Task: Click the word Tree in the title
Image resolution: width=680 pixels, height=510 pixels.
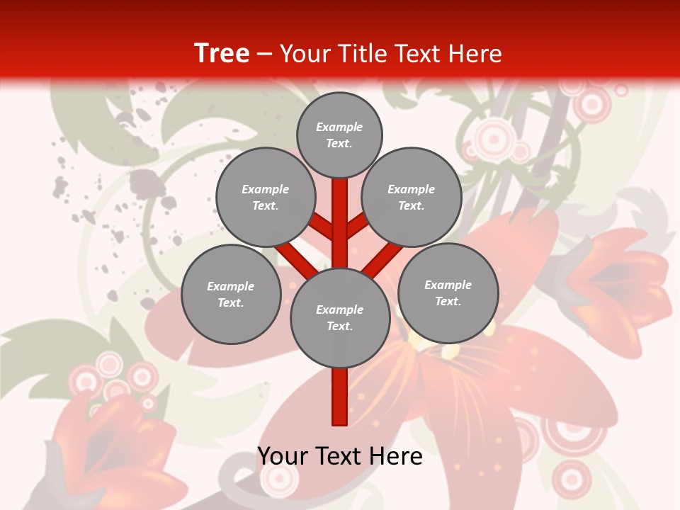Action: coord(222,54)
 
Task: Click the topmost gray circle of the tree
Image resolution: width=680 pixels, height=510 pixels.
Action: coord(339,135)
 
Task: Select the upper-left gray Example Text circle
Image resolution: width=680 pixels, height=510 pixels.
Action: coord(266,197)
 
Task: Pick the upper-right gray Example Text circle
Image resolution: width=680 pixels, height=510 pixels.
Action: coord(412,197)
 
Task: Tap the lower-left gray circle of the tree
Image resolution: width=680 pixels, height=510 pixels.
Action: coord(231,294)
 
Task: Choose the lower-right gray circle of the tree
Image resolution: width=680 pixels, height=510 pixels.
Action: coord(448,293)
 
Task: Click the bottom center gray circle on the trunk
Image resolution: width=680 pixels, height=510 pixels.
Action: coord(340,317)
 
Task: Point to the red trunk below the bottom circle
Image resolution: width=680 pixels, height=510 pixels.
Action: coord(340,397)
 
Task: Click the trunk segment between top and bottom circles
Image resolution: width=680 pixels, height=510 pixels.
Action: coord(340,223)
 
